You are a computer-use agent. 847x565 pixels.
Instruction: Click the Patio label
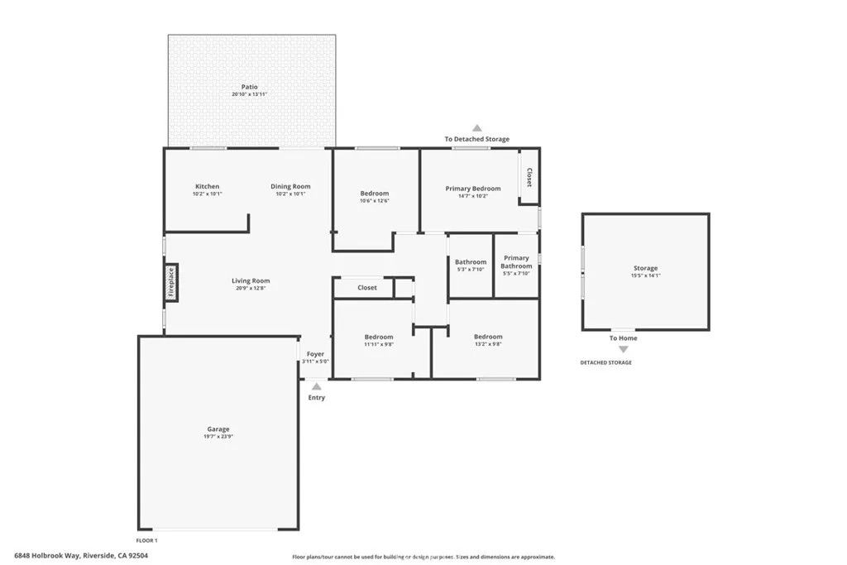(x=249, y=87)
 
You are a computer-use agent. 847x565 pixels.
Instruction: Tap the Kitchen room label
(x=207, y=186)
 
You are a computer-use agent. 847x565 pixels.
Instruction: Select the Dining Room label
(x=290, y=186)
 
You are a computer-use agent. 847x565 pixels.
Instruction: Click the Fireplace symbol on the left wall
(x=171, y=280)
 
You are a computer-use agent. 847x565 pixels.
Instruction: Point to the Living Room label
(x=251, y=281)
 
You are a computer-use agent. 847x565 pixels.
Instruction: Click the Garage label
(x=218, y=429)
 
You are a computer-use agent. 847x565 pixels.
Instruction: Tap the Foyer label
(x=315, y=354)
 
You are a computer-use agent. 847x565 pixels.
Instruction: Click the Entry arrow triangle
(x=317, y=385)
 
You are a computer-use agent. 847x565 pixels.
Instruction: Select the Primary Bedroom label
(x=473, y=189)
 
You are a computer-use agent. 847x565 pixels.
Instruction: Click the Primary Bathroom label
(x=516, y=262)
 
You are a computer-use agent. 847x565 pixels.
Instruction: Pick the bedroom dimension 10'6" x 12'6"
(x=374, y=201)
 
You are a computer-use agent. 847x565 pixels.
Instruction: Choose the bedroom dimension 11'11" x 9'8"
(x=379, y=344)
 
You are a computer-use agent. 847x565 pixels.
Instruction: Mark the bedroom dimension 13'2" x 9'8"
(x=488, y=344)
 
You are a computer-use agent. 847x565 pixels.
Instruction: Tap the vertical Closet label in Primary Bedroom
(x=529, y=177)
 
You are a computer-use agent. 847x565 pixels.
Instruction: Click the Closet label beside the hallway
(x=367, y=288)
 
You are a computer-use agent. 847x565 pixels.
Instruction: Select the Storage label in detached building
(x=645, y=268)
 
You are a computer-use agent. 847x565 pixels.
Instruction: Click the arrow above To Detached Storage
(x=476, y=128)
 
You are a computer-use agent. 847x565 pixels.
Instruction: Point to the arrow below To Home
(x=624, y=350)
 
